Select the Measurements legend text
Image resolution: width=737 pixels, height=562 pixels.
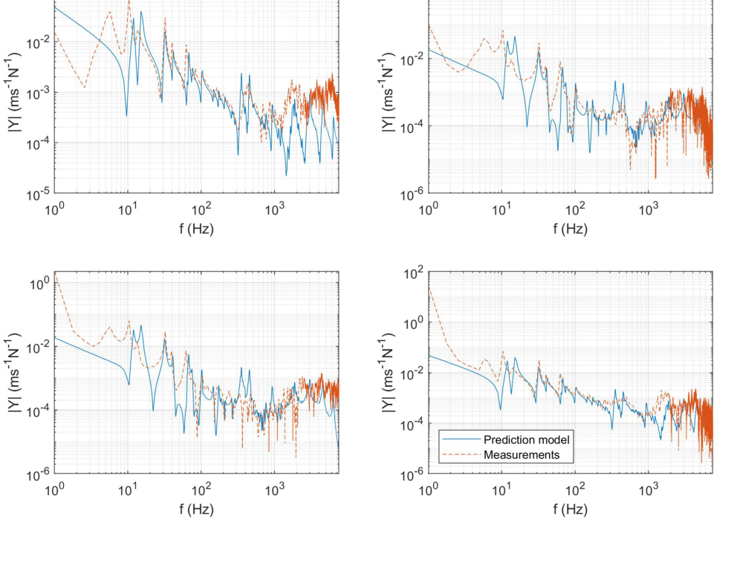(x=522, y=454)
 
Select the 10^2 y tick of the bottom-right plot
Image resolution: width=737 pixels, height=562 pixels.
(x=414, y=272)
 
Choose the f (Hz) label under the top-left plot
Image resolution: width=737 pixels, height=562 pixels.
(x=197, y=229)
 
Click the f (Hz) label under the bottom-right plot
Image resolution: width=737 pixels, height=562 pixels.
(x=571, y=509)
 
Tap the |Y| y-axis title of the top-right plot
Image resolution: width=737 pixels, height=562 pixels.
(x=389, y=93)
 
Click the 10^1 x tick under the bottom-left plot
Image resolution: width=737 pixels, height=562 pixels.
(x=129, y=491)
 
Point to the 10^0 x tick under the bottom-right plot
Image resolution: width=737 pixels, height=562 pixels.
(x=429, y=491)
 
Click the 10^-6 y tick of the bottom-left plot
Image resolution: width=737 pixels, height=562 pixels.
(x=39, y=474)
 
